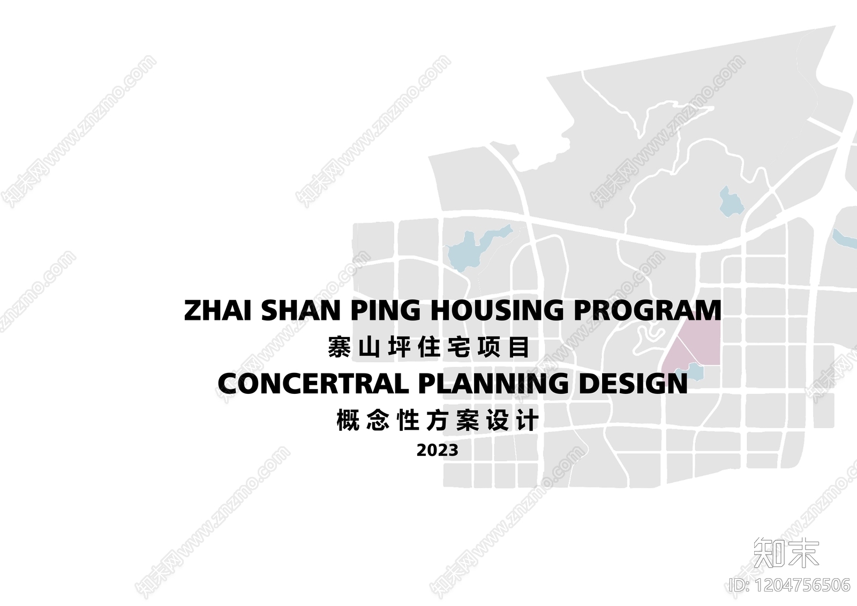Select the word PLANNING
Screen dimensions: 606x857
click(493, 384)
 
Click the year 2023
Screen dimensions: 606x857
click(437, 450)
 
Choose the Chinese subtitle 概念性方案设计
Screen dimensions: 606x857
click(437, 421)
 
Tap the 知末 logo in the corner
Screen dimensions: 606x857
click(786, 552)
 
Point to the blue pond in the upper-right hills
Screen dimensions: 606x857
click(730, 202)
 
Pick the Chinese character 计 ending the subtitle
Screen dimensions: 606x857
click(527, 421)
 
